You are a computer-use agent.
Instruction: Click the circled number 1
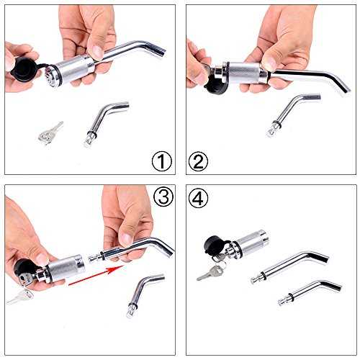pyautogui.click(x=162, y=161)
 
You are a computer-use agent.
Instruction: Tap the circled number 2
pyautogui.click(x=198, y=161)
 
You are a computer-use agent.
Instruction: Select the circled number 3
pyautogui.click(x=163, y=197)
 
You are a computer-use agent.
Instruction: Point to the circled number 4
pyautogui.click(x=198, y=198)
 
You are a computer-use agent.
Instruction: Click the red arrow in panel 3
pyautogui.click(x=96, y=275)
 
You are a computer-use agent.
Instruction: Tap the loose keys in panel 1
pyautogui.click(x=50, y=133)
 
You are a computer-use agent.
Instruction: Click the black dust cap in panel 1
pyautogui.click(x=23, y=68)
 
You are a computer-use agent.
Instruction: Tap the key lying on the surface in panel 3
pyautogui.click(x=20, y=297)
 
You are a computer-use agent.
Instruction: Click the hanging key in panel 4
pyautogui.click(x=211, y=272)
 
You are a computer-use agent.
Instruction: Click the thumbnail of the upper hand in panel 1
pyautogui.click(x=97, y=52)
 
